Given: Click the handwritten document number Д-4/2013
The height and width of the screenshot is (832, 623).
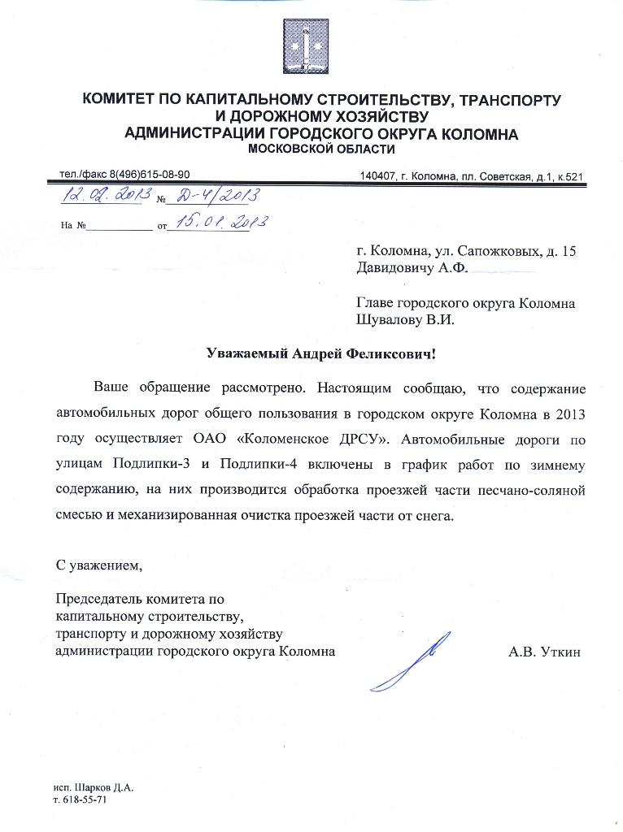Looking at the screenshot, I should [212, 196].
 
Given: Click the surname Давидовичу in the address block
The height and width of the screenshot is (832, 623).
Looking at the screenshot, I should [396, 266].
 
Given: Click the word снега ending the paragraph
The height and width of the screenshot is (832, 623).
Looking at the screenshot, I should [432, 518].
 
